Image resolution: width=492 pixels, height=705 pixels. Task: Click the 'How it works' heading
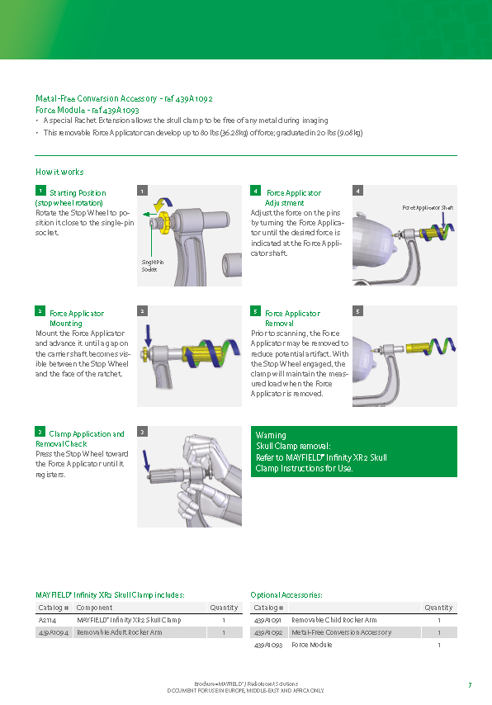pos(59,172)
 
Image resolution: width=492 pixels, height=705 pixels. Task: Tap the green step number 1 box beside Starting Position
pos(40,191)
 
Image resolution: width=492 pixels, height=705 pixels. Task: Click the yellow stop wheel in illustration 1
pos(164,220)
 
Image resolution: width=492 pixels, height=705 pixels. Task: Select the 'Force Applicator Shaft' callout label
pos(428,208)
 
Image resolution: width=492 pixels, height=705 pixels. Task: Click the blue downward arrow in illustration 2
pos(148,336)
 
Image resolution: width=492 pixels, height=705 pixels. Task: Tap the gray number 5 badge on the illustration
pos(358,311)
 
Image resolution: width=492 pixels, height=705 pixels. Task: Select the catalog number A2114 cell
pos(47,620)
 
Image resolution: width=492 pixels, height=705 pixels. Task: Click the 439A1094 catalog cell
pos(54,632)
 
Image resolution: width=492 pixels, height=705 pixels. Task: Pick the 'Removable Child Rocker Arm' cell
pos(334,620)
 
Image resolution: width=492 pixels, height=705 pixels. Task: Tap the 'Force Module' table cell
pos(312,645)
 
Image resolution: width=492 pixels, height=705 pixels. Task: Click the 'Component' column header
pos(94,608)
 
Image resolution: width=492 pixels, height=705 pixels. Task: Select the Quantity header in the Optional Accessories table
pos(438,608)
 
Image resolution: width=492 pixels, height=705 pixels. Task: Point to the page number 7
pos(470,685)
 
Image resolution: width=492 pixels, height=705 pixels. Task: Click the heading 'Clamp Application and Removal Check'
pos(79,439)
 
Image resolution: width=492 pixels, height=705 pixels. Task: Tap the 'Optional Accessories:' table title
pos(286,595)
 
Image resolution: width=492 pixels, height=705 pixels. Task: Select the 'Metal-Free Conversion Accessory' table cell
pos(341,632)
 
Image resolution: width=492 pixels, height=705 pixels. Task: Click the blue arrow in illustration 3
pos(146,461)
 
